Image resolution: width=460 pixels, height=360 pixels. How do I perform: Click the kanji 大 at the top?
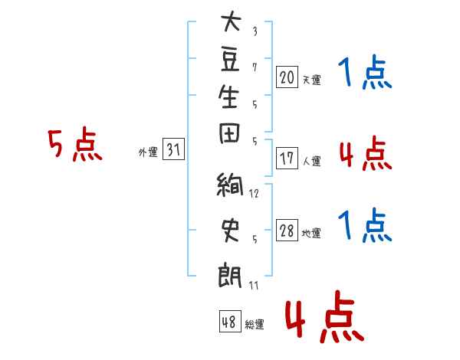click(x=232, y=21)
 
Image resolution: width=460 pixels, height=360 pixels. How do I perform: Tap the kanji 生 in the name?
click(x=228, y=97)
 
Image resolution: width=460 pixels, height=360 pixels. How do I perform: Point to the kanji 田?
click(x=229, y=133)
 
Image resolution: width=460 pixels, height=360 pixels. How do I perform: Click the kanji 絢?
click(x=230, y=185)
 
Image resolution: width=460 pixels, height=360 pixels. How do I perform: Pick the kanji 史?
click(x=230, y=231)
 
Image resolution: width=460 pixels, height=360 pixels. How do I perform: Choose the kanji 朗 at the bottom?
click(x=229, y=277)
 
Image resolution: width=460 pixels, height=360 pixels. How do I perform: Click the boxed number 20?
click(x=287, y=77)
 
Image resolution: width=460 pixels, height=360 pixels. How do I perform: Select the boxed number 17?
click(x=287, y=159)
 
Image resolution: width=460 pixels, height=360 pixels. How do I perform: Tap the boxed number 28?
click(x=287, y=230)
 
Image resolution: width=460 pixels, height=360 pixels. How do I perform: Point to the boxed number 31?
click(x=173, y=149)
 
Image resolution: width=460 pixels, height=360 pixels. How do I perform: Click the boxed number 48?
click(x=230, y=321)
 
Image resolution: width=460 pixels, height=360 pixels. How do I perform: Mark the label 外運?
click(x=148, y=152)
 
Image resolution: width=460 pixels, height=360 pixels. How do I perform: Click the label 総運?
click(x=255, y=324)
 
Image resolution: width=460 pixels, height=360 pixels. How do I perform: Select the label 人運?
click(x=311, y=161)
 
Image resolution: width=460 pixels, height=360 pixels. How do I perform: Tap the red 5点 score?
click(x=75, y=144)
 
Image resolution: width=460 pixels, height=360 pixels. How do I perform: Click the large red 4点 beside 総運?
click(x=324, y=316)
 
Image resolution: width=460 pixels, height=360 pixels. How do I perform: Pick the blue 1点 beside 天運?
click(x=365, y=71)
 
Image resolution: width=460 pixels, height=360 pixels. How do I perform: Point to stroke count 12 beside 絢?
click(x=254, y=194)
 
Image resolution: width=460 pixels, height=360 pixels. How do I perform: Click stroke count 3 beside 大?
click(x=255, y=31)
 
